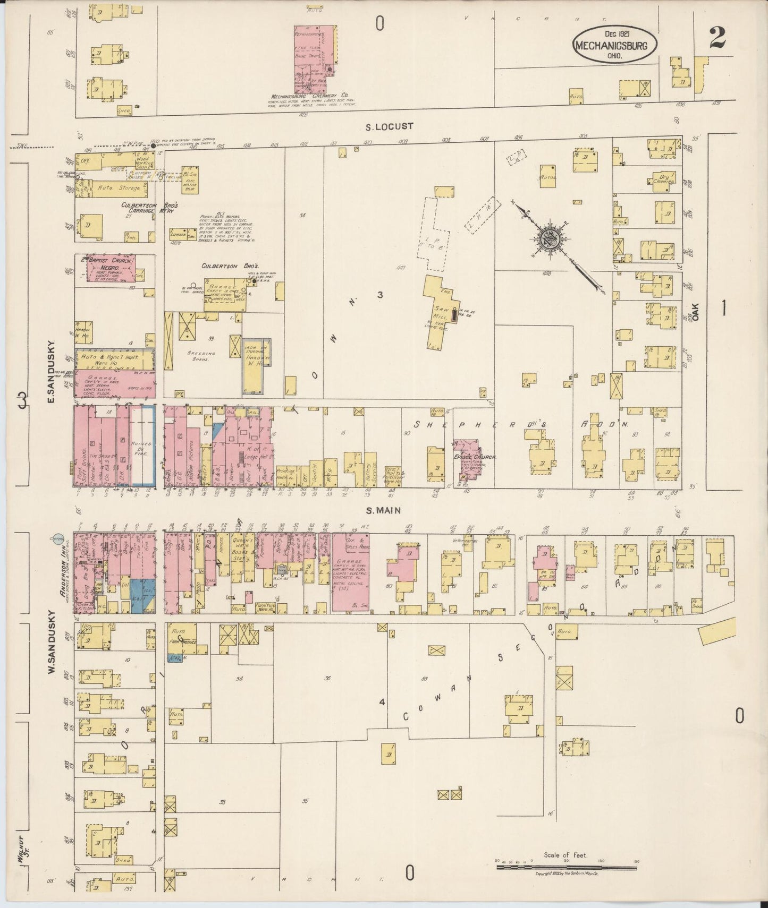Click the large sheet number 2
coord(717,38)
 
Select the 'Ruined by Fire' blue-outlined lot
coord(143,446)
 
